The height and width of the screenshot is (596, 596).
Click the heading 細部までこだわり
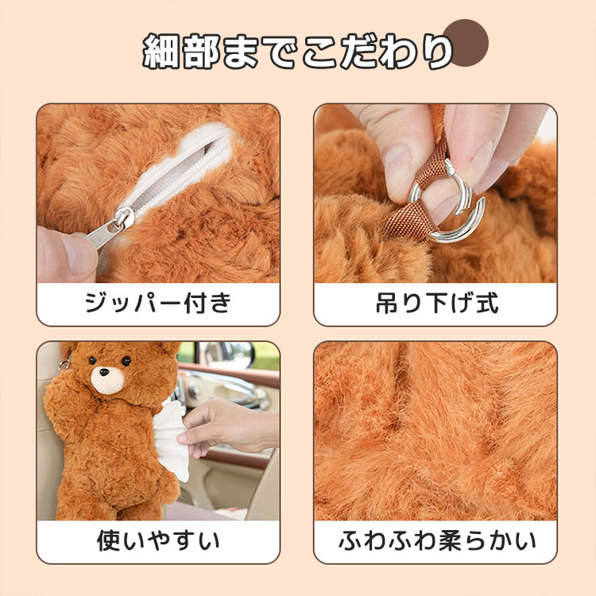(x=298, y=52)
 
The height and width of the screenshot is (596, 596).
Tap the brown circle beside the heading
(x=466, y=42)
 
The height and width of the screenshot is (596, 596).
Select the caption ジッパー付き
(x=158, y=303)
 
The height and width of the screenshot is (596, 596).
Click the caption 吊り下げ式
(x=437, y=303)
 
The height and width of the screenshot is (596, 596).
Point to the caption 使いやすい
(x=158, y=540)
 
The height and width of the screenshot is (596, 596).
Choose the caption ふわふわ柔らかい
(x=437, y=540)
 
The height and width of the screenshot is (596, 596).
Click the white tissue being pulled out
(x=171, y=439)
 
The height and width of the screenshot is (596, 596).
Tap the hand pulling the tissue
(x=228, y=426)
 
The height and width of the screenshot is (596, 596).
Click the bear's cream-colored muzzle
(x=107, y=380)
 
